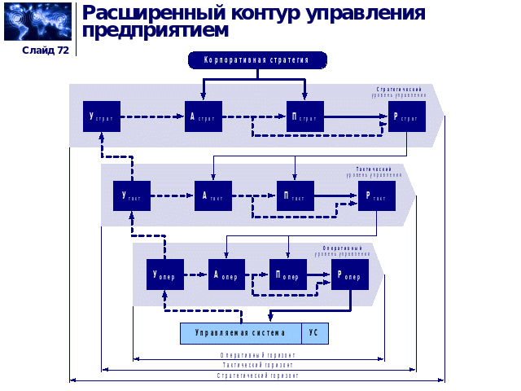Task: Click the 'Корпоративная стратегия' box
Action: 257,60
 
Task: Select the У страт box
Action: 102,117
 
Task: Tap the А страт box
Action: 203,117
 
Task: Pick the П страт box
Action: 304,117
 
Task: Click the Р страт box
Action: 406,117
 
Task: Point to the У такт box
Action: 132,195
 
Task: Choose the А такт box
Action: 212,195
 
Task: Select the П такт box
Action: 295,195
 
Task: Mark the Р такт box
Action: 376,195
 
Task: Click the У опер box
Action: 165,275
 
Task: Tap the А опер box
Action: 226,275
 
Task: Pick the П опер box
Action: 288,275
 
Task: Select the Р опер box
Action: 350,275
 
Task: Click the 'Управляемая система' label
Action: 241,333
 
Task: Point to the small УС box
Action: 315,333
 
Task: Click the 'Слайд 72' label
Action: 46,51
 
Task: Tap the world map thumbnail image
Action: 38,22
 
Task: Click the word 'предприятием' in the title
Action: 155,31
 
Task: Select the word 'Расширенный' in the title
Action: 147,13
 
